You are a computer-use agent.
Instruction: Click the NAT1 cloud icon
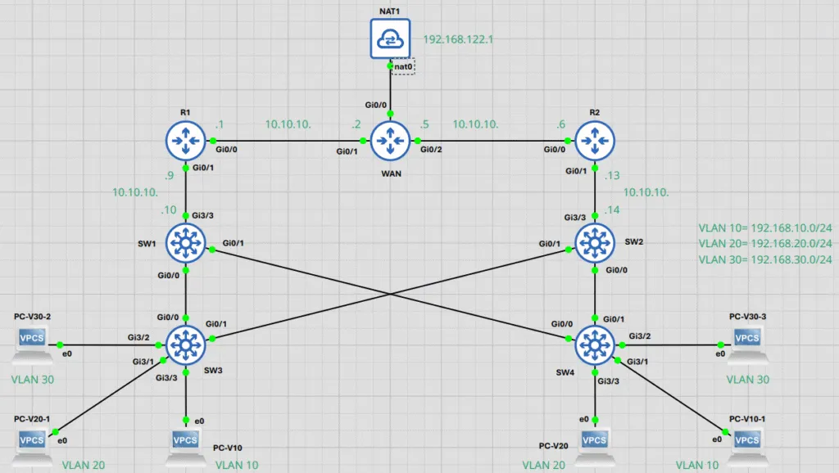[x=390, y=38]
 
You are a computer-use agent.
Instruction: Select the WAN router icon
[x=390, y=141]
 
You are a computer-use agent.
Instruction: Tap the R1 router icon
[x=186, y=141]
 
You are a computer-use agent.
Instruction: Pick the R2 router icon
[x=595, y=141]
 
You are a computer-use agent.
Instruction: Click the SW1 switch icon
[x=186, y=243]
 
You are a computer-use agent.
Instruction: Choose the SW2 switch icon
[x=595, y=243]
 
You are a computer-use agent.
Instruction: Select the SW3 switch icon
[x=186, y=345]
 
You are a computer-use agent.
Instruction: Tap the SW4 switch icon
[x=595, y=345]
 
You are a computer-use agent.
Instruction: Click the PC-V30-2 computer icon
[x=32, y=343]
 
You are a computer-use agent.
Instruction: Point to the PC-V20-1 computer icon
[x=32, y=445]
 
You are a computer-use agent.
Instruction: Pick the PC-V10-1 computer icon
[x=747, y=445]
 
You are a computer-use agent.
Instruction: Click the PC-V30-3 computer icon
[x=747, y=343]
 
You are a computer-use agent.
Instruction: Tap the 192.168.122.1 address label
[x=458, y=39]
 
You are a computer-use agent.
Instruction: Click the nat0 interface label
[x=403, y=67]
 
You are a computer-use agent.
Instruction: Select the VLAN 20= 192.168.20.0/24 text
[x=765, y=244]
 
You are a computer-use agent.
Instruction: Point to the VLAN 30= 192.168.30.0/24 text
[x=765, y=259]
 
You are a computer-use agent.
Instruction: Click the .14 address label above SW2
[x=611, y=210]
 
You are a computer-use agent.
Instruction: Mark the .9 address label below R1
[x=169, y=175]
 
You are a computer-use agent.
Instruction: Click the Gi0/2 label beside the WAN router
[x=431, y=150]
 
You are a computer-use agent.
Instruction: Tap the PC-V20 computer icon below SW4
[x=595, y=445]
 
